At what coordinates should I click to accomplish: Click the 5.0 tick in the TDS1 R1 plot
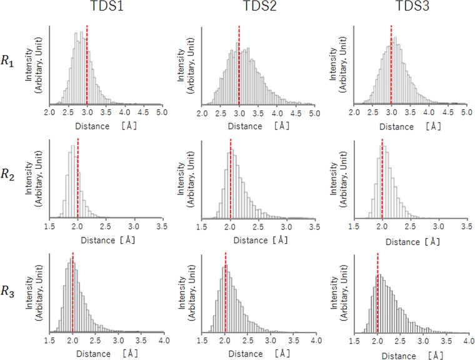click(162, 113)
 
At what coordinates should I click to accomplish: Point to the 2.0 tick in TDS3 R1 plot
click(354, 113)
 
